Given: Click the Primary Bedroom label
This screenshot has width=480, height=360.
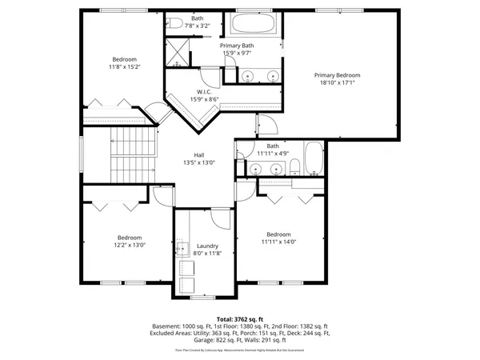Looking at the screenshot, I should [x=335, y=74].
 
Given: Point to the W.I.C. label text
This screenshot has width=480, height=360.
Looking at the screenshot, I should [x=204, y=92].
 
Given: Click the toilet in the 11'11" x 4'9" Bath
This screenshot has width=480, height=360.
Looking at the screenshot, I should [x=294, y=169].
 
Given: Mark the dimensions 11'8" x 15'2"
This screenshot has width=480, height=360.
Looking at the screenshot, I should [x=125, y=67].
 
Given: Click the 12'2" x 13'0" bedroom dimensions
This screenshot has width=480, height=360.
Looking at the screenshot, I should [x=130, y=246].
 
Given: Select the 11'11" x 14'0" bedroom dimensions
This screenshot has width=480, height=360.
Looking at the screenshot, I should [x=278, y=242].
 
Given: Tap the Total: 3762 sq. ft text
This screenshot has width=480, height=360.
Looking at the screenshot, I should [x=240, y=319].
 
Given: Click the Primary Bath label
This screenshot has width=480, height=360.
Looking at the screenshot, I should [x=237, y=46].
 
